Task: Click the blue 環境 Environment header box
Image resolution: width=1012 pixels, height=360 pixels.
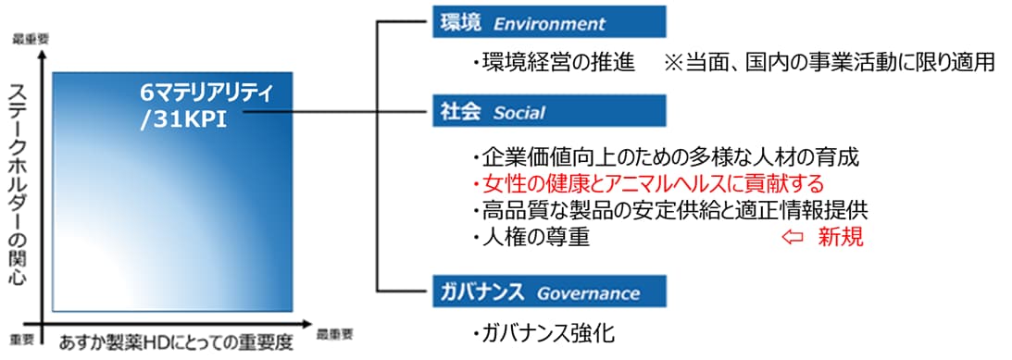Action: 548,21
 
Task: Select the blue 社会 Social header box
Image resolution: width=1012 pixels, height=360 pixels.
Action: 548,112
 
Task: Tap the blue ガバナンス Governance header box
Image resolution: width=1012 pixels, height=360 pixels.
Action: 548,293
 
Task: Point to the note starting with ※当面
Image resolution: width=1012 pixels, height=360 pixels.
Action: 829,63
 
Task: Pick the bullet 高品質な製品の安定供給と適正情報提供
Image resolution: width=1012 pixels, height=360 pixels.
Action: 669,209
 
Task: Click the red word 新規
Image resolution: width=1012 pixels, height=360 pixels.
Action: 840,237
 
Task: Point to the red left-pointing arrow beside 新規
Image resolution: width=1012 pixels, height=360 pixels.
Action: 793,237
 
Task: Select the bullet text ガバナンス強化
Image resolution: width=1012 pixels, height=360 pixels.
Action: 542,333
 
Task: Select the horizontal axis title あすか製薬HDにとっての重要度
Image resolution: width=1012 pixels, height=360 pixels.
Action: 176,341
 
